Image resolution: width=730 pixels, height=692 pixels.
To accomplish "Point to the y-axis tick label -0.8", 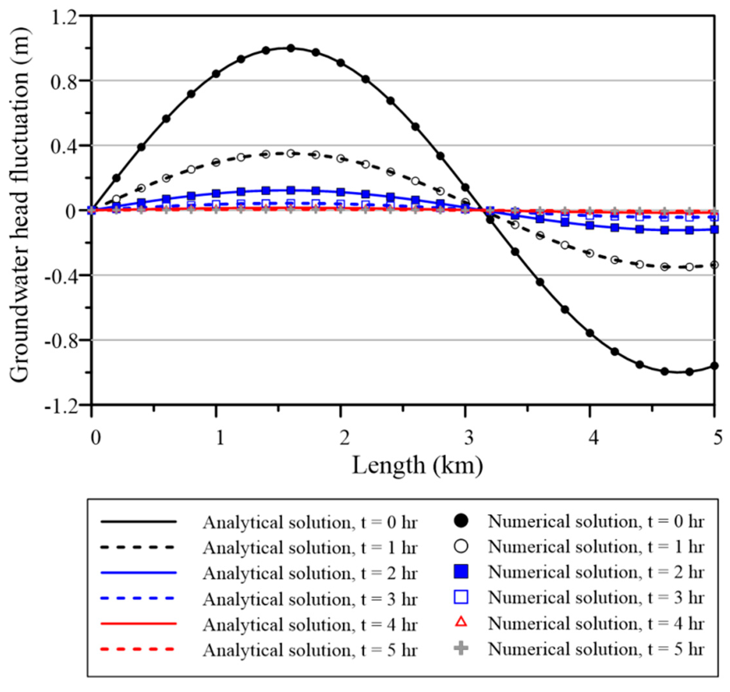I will [x=61, y=340].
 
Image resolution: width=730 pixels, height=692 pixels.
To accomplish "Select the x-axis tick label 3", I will [x=469, y=439].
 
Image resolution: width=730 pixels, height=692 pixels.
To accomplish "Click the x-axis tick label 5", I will [x=717, y=439].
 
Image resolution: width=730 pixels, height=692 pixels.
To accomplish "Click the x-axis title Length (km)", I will [x=417, y=466].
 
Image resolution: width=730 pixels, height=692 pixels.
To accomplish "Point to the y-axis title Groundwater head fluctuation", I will [x=19, y=206].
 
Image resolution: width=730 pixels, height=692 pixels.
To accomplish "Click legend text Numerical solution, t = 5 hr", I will [x=596, y=649].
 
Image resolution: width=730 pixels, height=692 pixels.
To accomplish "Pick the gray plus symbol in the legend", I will [x=461, y=649].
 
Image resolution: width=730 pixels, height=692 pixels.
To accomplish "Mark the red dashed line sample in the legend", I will [x=138, y=649].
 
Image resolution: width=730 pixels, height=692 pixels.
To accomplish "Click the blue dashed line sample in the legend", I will [x=138, y=598].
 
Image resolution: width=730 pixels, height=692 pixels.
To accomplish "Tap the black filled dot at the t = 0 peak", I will [x=291, y=48].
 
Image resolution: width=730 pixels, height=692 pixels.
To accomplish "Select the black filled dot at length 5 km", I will [x=714, y=366].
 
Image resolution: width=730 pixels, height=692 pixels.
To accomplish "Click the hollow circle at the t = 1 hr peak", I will [x=291, y=153].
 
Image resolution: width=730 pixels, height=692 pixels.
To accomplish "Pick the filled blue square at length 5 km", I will [x=714, y=229].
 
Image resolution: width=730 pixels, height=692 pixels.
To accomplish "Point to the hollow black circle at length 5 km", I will [x=714, y=265].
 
